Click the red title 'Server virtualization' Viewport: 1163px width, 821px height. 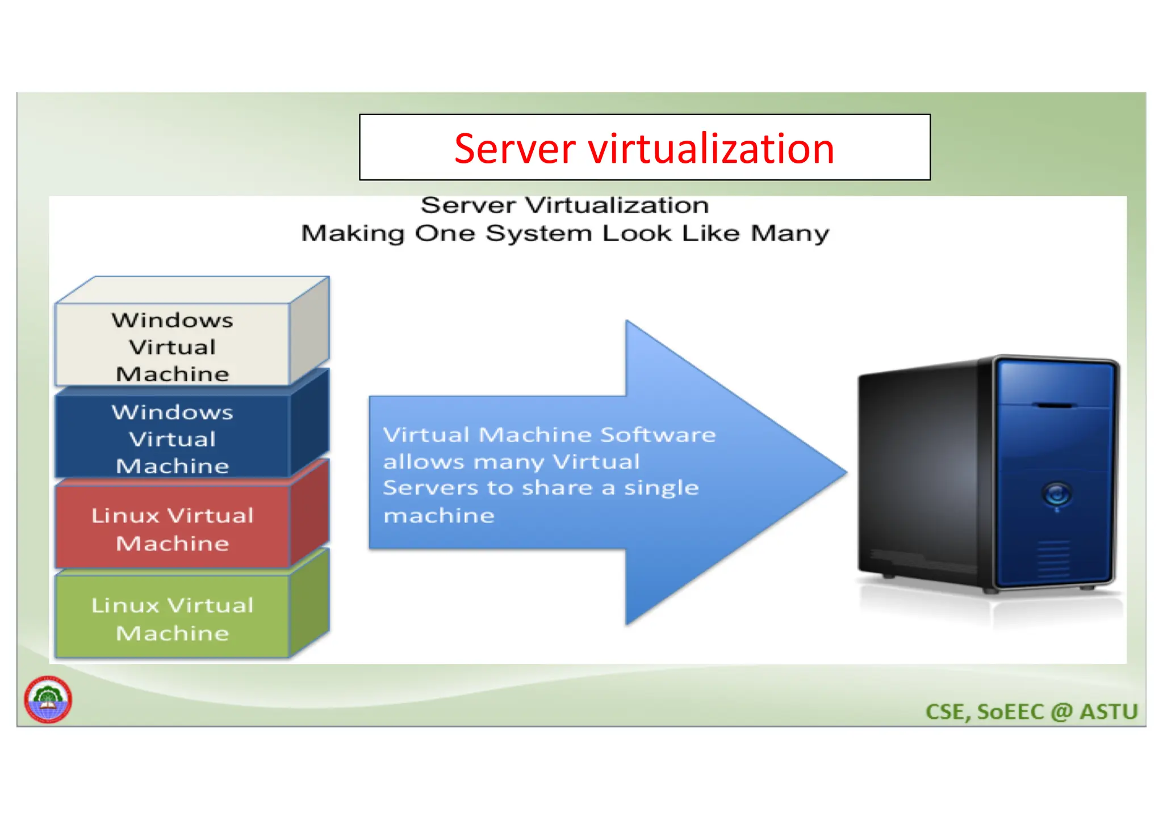pos(644,149)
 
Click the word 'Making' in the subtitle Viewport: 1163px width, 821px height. pos(352,233)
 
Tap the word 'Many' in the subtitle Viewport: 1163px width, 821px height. pos(790,233)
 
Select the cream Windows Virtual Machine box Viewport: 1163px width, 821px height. pos(172,346)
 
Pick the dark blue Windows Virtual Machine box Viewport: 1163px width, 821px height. pos(172,439)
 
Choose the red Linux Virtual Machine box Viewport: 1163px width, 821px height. pos(172,529)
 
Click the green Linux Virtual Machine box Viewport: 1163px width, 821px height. pos(172,618)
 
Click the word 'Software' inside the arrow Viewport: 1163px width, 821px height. pos(658,435)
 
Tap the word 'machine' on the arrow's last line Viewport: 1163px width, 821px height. pos(439,516)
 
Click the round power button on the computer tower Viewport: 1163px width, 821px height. pos(1056,494)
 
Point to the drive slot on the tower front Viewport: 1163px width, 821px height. pos(1055,406)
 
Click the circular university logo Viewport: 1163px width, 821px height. pos(48,700)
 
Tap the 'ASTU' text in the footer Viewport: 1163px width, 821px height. pos(1108,711)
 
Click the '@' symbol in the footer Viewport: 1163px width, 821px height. pos(1061,711)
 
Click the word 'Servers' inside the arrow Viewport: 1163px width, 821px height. pos(430,488)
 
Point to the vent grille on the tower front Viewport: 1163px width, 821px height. pos(1054,559)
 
